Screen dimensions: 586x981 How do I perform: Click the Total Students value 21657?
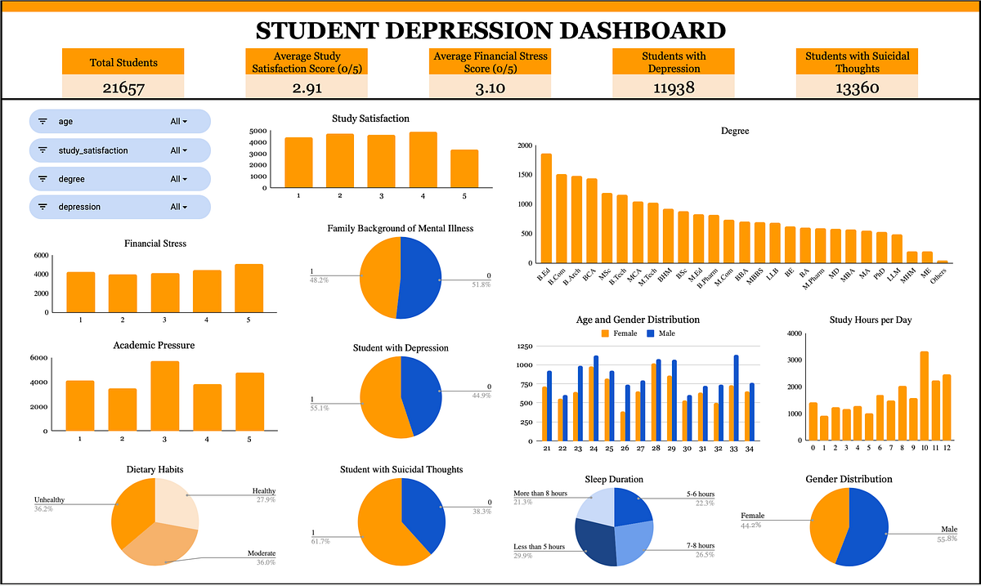click(x=123, y=88)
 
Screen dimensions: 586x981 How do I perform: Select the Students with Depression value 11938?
click(x=674, y=88)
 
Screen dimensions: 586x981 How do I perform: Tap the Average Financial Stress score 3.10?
click(x=490, y=88)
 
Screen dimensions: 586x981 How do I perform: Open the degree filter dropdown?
click(x=178, y=179)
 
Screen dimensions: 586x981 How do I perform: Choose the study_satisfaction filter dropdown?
click(x=178, y=150)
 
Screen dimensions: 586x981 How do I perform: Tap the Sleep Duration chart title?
click(x=614, y=479)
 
